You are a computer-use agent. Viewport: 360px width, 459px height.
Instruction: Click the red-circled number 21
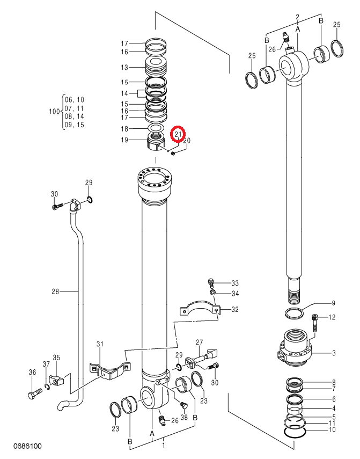179,134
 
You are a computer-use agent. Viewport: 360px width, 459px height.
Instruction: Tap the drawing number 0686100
27,446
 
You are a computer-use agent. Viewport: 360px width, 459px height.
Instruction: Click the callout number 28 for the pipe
55,292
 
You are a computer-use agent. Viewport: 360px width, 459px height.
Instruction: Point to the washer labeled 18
155,128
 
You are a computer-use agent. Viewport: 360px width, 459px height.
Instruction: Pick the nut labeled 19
156,141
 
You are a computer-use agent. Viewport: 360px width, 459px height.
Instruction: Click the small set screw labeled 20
173,153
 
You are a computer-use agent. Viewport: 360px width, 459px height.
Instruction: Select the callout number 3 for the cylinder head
334,353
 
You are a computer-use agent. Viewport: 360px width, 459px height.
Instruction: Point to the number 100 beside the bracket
54,112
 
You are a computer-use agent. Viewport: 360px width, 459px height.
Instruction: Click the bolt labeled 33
211,282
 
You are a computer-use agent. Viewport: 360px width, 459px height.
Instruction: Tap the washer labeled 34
212,293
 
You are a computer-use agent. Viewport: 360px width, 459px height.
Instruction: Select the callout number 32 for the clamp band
235,309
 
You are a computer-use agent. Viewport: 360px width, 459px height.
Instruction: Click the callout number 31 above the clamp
100,344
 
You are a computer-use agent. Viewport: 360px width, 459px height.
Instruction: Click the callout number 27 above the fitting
199,342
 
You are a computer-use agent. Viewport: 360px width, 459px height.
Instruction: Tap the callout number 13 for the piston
124,68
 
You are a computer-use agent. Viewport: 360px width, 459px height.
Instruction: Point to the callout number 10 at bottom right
332,429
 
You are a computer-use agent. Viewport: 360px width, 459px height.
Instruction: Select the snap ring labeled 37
47,387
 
